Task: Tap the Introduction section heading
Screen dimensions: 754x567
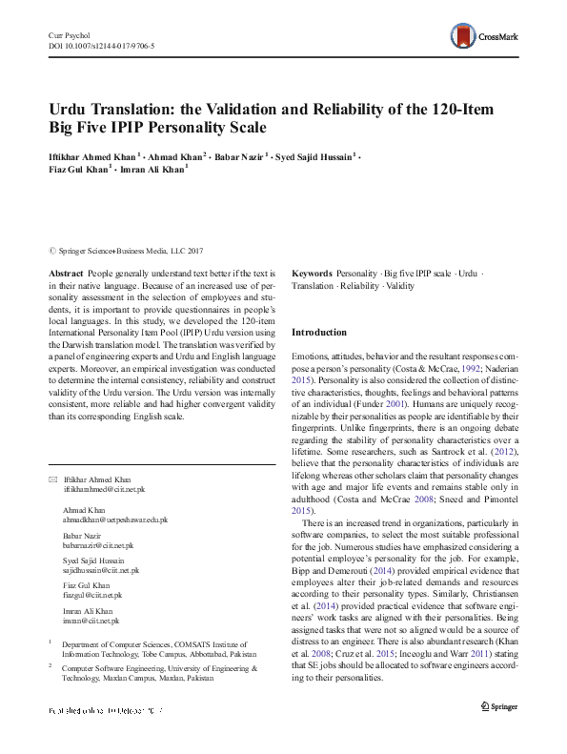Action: tap(319, 333)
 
